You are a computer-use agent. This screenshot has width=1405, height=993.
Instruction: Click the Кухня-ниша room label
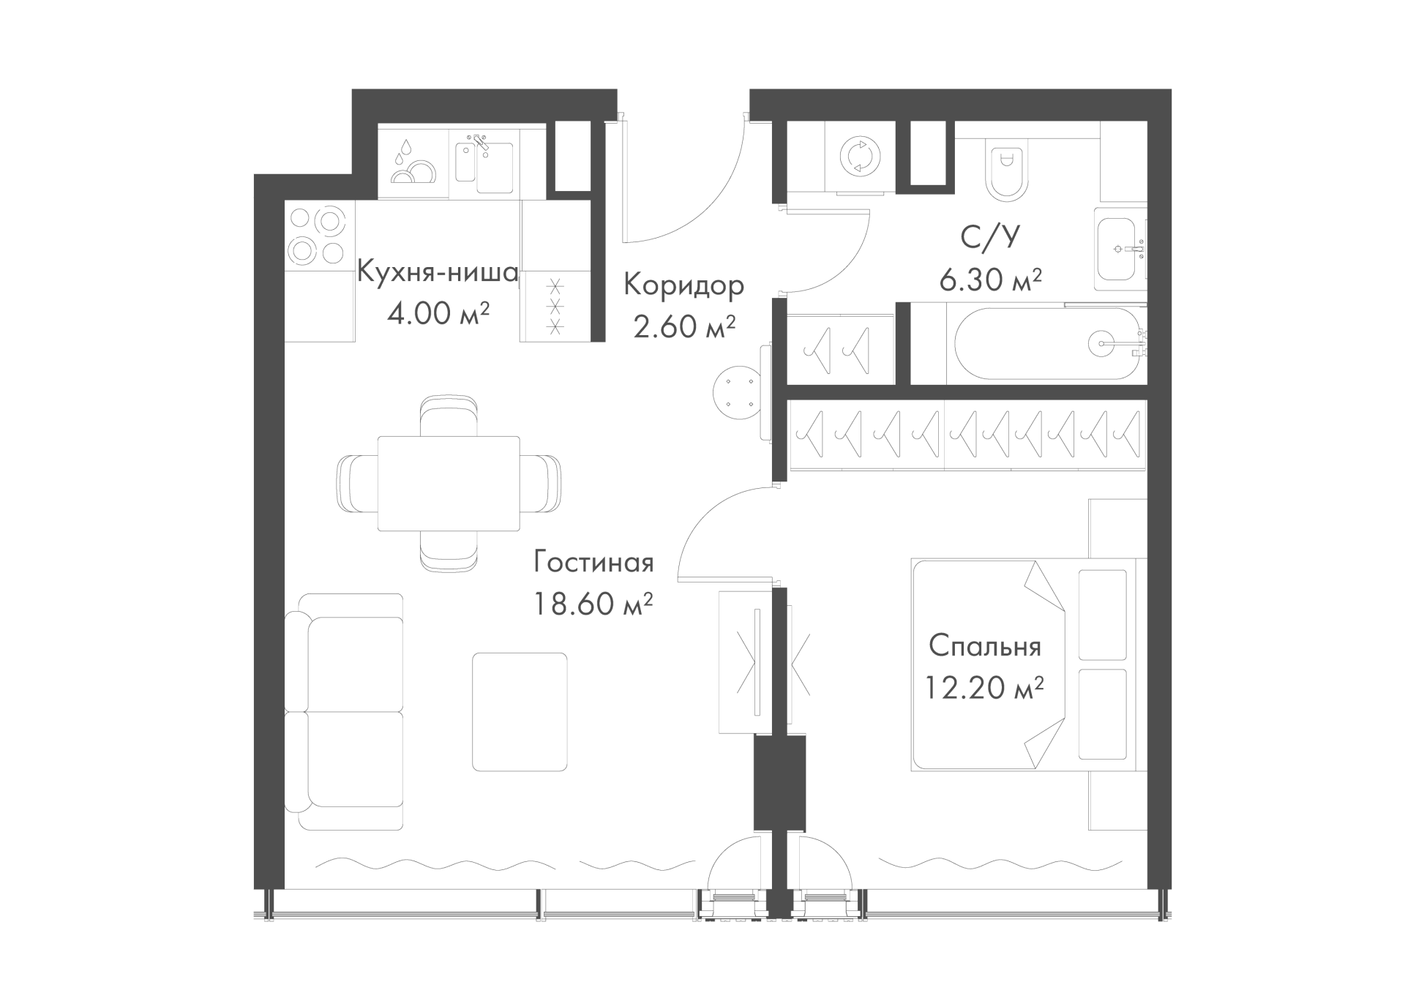click(x=438, y=272)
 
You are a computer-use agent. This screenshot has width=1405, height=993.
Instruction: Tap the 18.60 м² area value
click(x=593, y=604)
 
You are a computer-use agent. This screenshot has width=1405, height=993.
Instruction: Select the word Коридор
click(x=683, y=285)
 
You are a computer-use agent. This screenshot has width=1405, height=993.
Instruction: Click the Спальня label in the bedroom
click(x=985, y=647)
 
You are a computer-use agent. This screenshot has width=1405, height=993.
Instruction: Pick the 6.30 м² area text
click(x=990, y=280)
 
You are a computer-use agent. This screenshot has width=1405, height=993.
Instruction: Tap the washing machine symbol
click(x=860, y=157)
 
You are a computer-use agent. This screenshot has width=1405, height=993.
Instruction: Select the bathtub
click(x=1046, y=343)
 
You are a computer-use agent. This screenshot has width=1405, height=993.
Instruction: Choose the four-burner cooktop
click(x=318, y=236)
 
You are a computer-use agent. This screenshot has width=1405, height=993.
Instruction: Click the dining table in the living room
click(x=449, y=484)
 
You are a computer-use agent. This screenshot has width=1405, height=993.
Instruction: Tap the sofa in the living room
click(x=344, y=711)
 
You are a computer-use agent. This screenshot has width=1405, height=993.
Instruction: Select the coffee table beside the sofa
click(x=520, y=711)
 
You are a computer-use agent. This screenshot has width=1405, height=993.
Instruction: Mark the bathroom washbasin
click(x=1120, y=249)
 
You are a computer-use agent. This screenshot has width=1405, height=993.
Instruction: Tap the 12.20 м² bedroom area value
click(x=984, y=689)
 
